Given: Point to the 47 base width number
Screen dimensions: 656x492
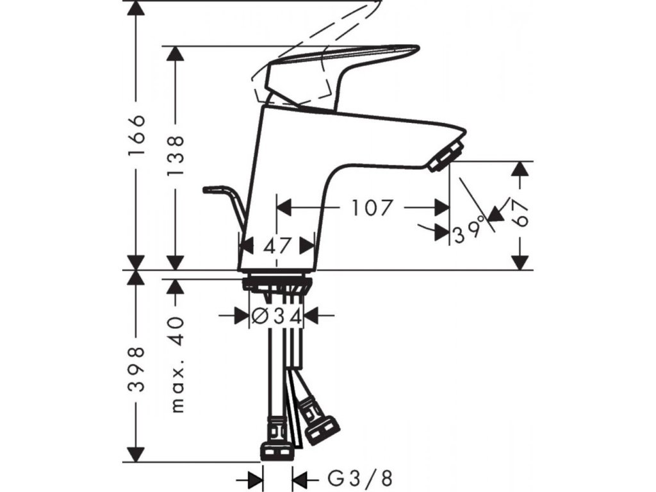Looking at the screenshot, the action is pyautogui.click(x=277, y=245).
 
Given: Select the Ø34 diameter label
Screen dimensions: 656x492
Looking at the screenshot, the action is pyautogui.click(x=275, y=315).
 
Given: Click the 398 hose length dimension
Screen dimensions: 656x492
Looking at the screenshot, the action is pyautogui.click(x=136, y=370).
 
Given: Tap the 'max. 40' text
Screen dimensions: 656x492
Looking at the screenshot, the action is pyautogui.click(x=176, y=364).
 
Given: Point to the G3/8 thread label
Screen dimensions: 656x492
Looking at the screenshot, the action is pyautogui.click(x=360, y=479).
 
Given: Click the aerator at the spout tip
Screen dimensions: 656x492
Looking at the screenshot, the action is pyautogui.click(x=445, y=156).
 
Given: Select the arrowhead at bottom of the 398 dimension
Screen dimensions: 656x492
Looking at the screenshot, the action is pyautogui.click(x=136, y=452).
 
